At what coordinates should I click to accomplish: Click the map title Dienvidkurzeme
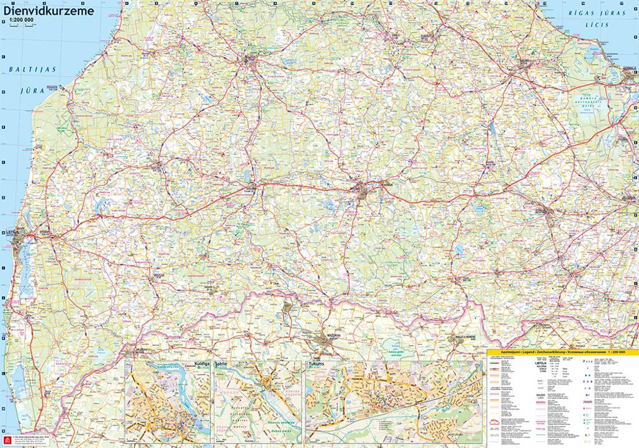pyautogui.click(x=49, y=10)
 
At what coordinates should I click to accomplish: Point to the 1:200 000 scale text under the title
pyautogui.click(x=22, y=20)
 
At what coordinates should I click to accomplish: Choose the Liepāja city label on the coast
pyautogui.click(x=12, y=231)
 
